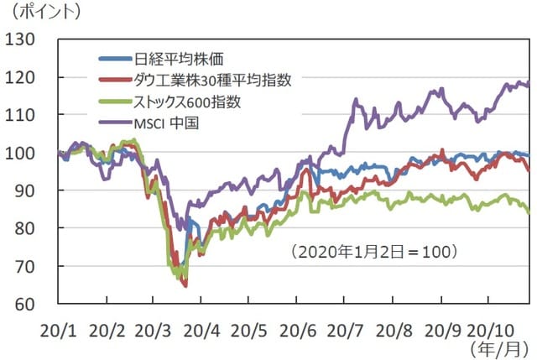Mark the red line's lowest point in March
point(185,286)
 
